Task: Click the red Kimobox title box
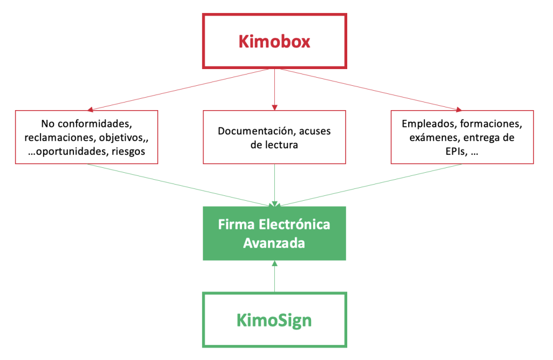click(x=274, y=42)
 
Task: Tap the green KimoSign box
click(x=274, y=320)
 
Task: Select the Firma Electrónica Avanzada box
click(x=274, y=233)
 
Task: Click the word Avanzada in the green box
click(x=274, y=243)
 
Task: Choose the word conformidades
click(x=101, y=124)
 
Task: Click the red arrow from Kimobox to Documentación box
click(x=274, y=89)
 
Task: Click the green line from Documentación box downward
click(x=274, y=184)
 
